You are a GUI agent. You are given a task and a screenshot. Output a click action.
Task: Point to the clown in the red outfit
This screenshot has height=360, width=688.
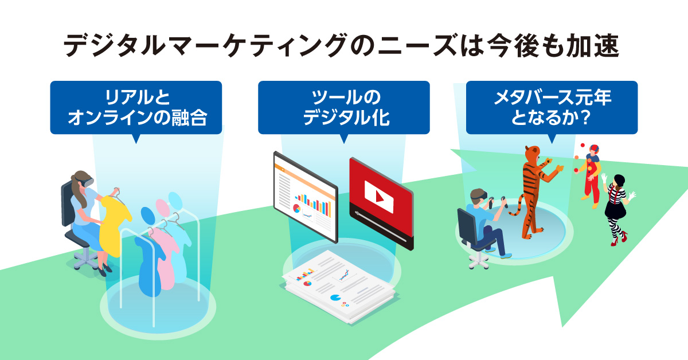(x=591, y=172)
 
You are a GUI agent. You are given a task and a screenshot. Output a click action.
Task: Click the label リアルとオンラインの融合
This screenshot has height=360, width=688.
(x=136, y=108)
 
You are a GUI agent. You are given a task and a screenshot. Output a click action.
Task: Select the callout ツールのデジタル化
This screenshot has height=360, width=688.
(x=343, y=108)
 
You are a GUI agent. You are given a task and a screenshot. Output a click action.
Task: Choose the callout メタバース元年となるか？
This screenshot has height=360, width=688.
(x=551, y=108)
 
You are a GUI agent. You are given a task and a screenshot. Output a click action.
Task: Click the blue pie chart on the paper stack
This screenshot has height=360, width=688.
(x=336, y=299)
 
